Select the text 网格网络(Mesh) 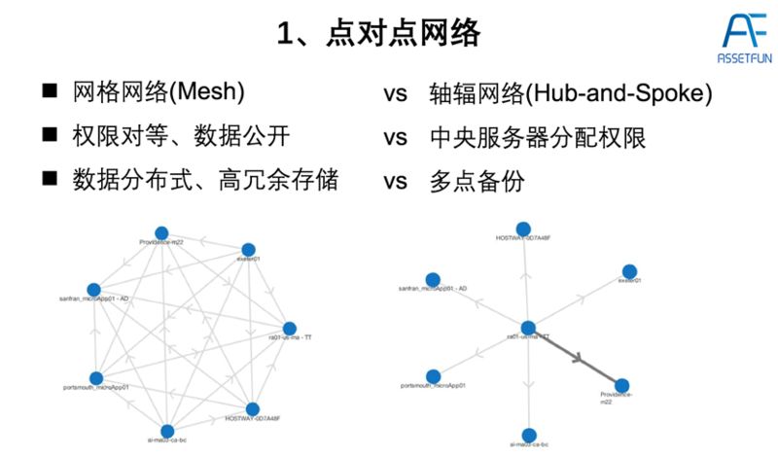click(x=159, y=94)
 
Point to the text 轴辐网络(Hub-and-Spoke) click(x=571, y=94)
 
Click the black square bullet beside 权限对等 click(x=50, y=137)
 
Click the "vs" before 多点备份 click(x=395, y=181)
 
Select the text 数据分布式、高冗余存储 click(x=205, y=180)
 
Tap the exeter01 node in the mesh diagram click(x=248, y=250)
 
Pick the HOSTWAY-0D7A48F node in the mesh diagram click(x=253, y=409)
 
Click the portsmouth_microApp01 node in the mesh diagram click(x=96, y=378)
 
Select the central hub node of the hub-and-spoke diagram click(x=528, y=328)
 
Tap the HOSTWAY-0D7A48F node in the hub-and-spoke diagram click(x=523, y=228)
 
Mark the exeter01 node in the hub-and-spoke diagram click(x=629, y=271)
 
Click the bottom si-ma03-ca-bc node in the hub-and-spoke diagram click(x=528, y=435)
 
